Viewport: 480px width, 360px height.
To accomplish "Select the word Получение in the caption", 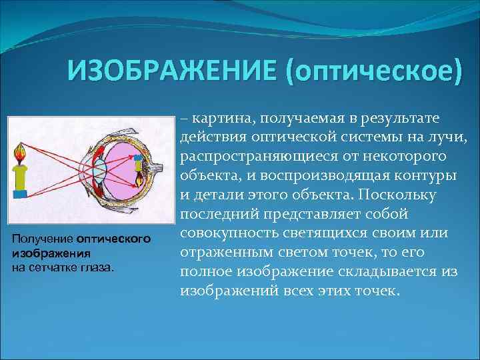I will point(42,239).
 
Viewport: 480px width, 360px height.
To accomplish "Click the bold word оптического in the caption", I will point(114,239).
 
